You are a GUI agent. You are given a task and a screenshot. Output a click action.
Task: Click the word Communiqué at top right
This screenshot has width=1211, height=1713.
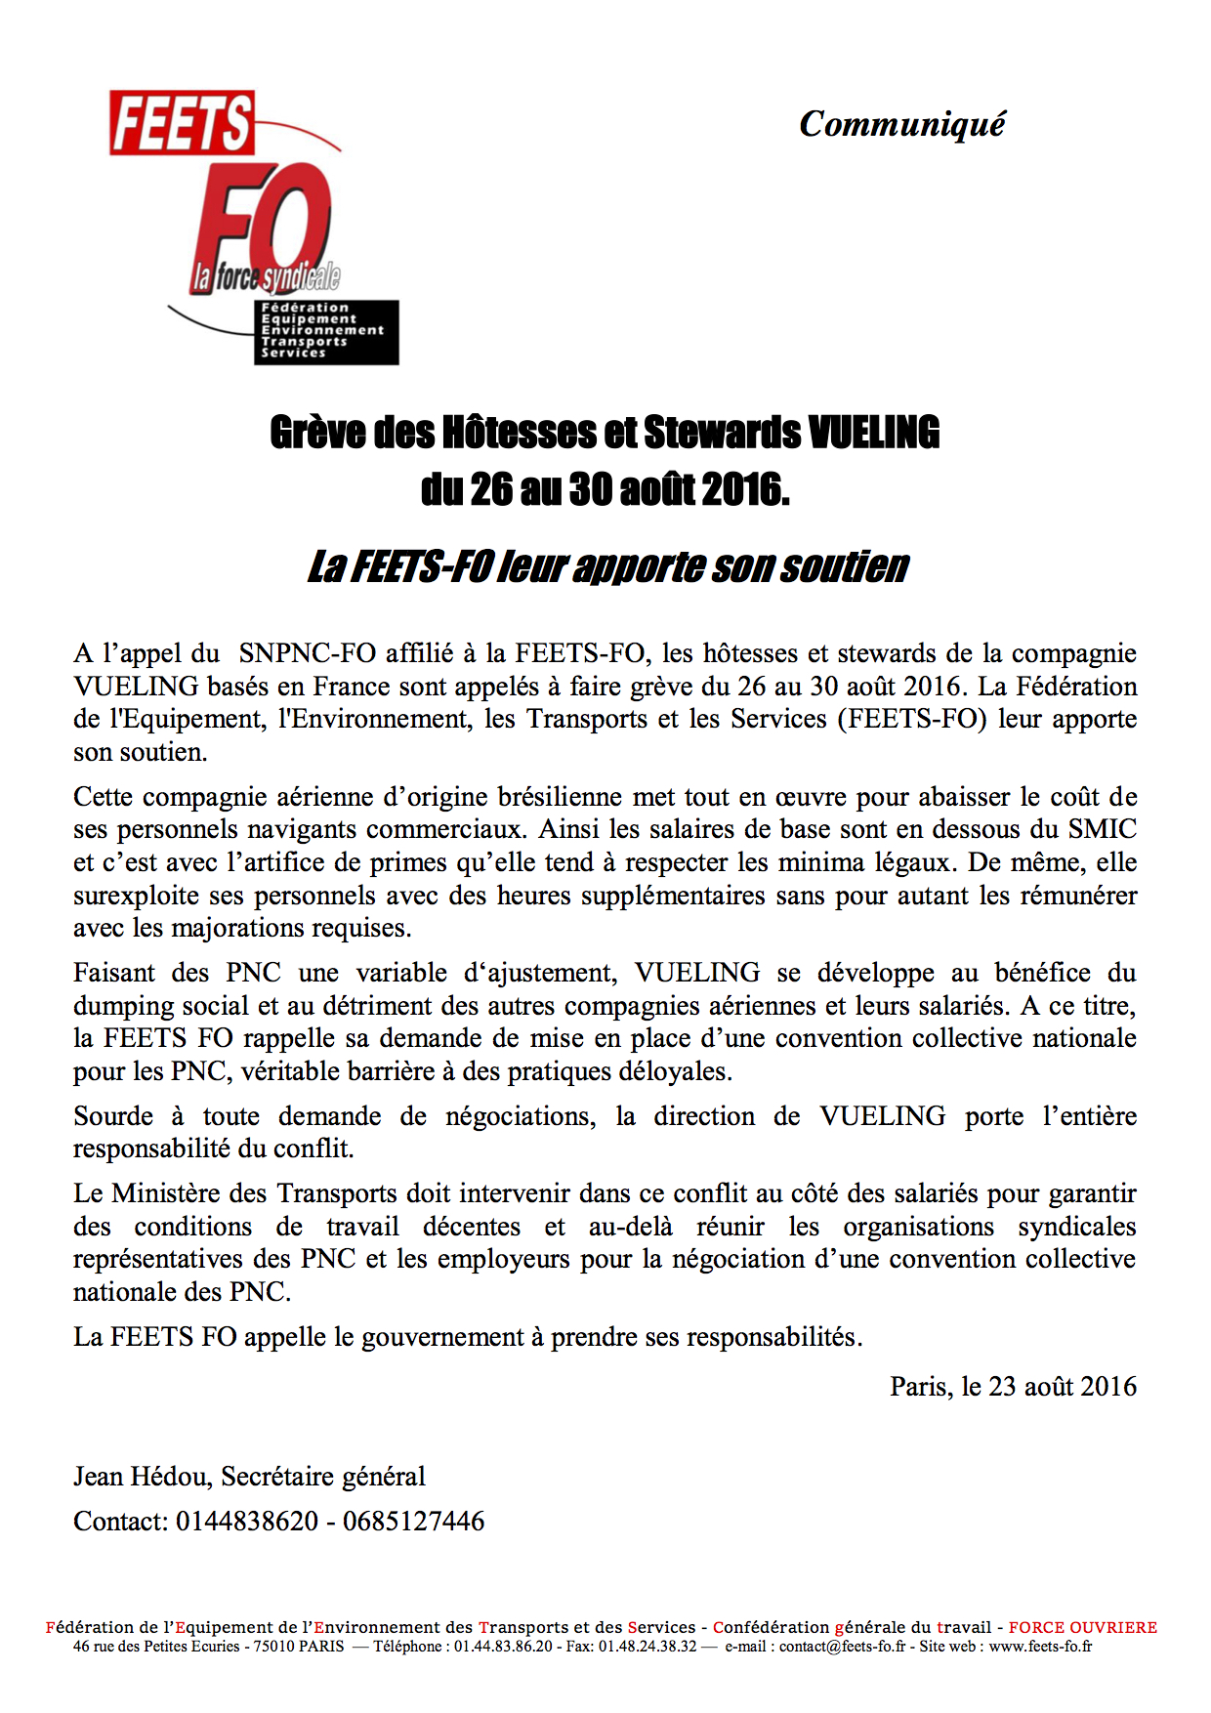click(901, 124)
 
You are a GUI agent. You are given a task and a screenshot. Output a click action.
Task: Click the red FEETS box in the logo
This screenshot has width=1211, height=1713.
click(182, 123)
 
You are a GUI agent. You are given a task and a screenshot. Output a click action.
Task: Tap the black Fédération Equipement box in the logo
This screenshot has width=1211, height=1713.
click(326, 332)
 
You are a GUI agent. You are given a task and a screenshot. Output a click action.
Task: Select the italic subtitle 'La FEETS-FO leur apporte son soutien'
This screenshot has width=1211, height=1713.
click(607, 566)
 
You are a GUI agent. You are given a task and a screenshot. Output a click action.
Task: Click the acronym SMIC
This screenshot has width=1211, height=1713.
click(1102, 829)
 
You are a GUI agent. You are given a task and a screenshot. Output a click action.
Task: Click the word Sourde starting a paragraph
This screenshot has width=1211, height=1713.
click(113, 1116)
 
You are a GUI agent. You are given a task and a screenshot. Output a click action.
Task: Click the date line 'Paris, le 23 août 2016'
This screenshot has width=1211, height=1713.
click(1013, 1387)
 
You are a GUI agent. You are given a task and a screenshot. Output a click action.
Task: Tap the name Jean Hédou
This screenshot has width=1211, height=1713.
click(143, 1476)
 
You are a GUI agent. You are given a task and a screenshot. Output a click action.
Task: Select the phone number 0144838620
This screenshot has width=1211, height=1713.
click(247, 1521)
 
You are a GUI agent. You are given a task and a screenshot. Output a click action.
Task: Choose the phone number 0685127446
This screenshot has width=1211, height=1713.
click(413, 1521)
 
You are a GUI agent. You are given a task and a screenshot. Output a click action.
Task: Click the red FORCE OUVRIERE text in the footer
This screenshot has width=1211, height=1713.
click(1082, 1628)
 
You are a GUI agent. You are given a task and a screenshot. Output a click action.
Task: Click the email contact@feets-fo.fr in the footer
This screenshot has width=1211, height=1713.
click(842, 1647)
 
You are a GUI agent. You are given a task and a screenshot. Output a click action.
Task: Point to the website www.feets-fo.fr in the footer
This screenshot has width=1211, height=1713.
click(1040, 1647)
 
